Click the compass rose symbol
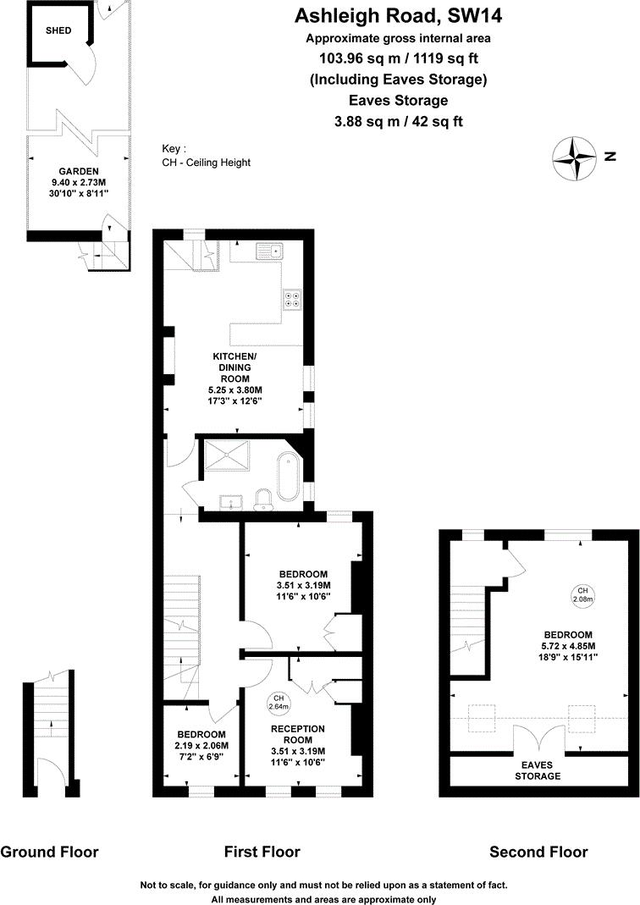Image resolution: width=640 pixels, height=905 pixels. tap(575, 157)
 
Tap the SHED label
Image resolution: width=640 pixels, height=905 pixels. tap(58, 30)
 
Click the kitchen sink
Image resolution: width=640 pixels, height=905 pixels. tap(273, 251)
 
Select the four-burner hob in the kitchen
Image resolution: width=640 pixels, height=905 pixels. tap(293, 298)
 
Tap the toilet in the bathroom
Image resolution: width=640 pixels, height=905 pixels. tap(264, 498)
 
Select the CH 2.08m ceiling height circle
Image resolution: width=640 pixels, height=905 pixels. tap(582, 594)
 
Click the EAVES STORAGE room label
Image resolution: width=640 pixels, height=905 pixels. tap(538, 770)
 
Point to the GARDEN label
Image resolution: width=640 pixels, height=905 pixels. tap(79, 171)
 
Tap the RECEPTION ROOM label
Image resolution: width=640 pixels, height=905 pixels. tap(297, 734)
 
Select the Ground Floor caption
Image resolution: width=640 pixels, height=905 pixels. tap(49, 852)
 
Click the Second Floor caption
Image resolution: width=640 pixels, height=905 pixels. tap(538, 852)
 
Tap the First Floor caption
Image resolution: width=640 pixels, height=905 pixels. tap(262, 852)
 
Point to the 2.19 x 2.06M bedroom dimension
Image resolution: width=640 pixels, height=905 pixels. tap(201, 745)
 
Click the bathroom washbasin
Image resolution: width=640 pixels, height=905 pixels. tap(229, 503)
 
